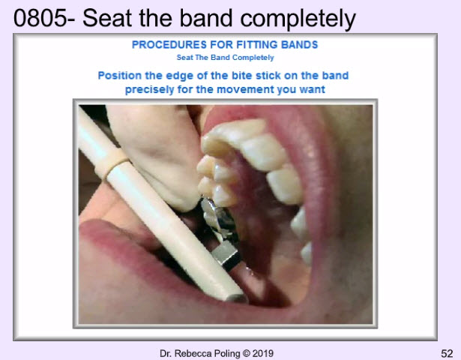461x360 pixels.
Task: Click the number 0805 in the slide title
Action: pos(40,18)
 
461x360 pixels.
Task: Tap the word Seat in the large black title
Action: pos(106,18)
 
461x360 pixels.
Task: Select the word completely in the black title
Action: pos(298,19)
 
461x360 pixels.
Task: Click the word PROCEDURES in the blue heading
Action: pos(169,45)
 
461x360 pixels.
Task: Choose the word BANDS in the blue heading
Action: pos(299,45)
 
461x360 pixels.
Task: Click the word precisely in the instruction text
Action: pos(149,89)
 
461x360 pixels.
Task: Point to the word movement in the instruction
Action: pos(245,89)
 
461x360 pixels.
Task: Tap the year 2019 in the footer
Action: pos(263,353)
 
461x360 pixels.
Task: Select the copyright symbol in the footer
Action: pos(247,353)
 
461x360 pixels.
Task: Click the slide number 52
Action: pos(447,353)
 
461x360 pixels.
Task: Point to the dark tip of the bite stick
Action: pos(237,298)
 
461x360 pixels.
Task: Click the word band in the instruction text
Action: pos(335,76)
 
